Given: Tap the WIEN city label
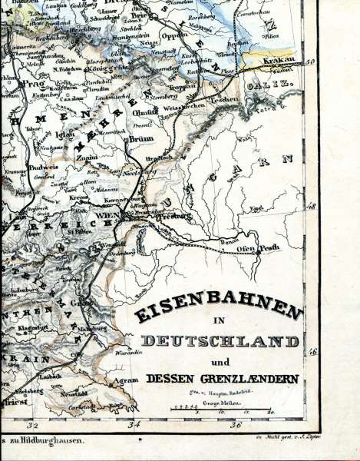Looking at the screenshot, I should pos(105,217).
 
